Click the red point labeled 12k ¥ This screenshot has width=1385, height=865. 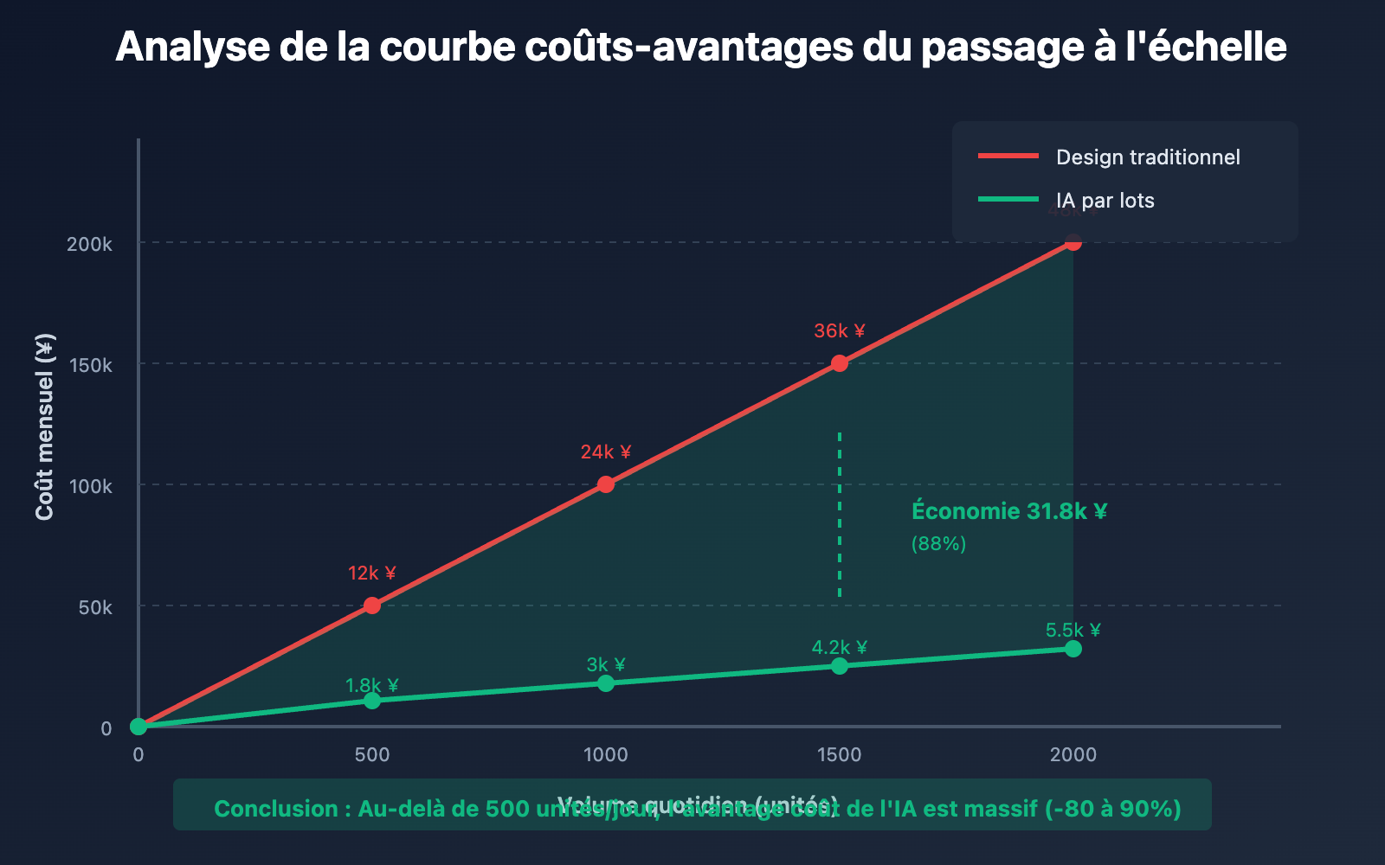(x=372, y=605)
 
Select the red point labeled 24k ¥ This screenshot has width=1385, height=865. (x=606, y=484)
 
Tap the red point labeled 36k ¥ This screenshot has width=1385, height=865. (x=840, y=363)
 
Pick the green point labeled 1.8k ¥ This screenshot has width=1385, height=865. (x=372, y=700)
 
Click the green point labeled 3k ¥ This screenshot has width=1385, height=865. (x=606, y=683)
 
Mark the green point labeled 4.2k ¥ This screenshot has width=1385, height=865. (x=840, y=666)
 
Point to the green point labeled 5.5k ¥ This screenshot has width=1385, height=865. (x=1073, y=649)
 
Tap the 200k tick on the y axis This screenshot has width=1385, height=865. (x=90, y=244)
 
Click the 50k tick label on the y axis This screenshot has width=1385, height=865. (x=95, y=607)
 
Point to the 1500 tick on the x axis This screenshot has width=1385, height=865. (x=840, y=754)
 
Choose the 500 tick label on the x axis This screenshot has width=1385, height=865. (x=372, y=754)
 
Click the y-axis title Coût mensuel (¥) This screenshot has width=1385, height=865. (x=45, y=426)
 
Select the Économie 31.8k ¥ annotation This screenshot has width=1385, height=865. (x=1009, y=511)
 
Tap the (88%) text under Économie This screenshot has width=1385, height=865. (x=938, y=544)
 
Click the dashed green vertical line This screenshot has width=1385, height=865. (x=840, y=515)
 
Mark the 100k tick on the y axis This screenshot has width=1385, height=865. (x=90, y=486)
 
